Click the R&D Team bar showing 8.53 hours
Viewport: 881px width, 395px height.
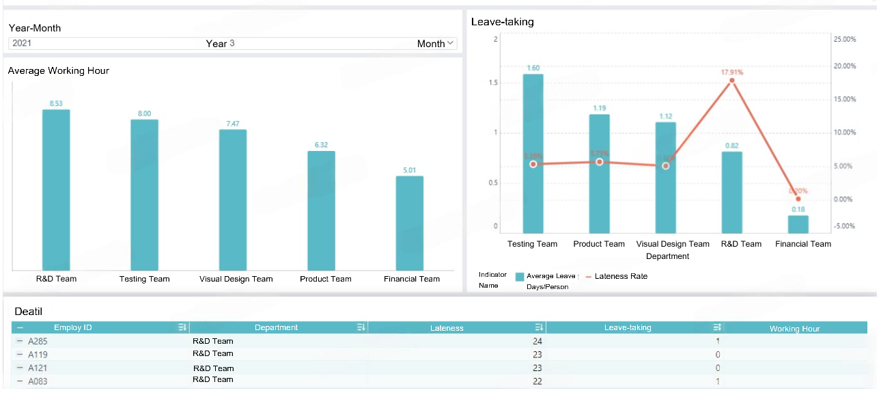pos(56,189)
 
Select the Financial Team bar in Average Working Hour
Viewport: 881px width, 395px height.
pos(410,223)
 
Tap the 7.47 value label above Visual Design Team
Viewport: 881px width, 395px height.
pos(233,124)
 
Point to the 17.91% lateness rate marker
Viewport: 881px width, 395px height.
pos(732,81)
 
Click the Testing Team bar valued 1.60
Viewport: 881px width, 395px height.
pos(533,153)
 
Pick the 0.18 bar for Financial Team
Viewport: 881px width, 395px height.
pos(798,224)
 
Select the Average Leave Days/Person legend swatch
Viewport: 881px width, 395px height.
pos(520,277)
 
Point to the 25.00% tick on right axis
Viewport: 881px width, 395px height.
pos(845,40)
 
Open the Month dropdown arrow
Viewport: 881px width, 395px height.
pos(451,43)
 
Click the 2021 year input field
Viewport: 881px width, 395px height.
pos(102,43)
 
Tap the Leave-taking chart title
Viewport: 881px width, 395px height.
pos(503,22)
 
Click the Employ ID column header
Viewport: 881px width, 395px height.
pos(73,328)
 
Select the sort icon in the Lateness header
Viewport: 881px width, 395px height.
pos(539,328)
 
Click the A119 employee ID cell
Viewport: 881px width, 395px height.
pos(38,355)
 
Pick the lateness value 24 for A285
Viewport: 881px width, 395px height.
pos(537,341)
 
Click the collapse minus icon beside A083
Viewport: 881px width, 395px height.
pos(20,381)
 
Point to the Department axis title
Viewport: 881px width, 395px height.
pos(667,256)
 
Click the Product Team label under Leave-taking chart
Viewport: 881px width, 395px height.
pos(599,244)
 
